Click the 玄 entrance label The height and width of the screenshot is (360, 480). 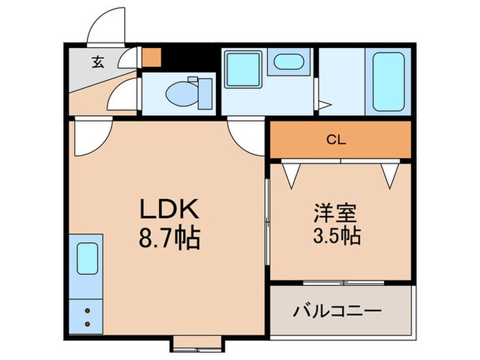click(x=97, y=63)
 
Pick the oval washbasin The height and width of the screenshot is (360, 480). click(x=287, y=64)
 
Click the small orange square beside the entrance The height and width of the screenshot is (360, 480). click(x=150, y=57)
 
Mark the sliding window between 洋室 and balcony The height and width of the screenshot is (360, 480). click(x=341, y=283)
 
